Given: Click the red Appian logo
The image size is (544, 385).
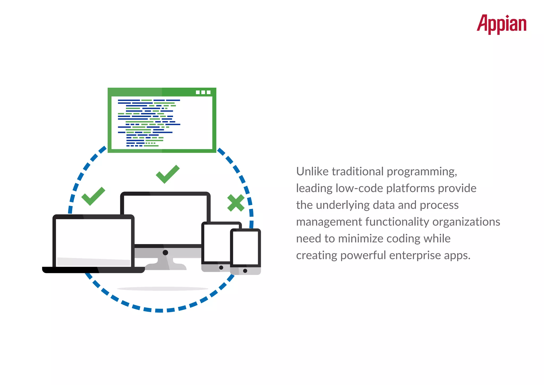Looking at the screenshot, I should pos(501,24).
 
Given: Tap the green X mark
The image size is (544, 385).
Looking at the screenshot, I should pos(236,203).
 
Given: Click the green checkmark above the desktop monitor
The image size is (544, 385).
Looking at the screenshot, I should pos(168,174).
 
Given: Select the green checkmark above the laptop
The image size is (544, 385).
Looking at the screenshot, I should pos(93,196).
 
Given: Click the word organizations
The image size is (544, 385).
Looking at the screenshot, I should pos(466,222).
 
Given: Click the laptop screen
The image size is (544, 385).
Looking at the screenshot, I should pos(93,239).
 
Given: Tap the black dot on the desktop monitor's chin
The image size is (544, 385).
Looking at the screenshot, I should pos(165,252).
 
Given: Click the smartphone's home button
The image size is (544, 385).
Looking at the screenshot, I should pos(245,271).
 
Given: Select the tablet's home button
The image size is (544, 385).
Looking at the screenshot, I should pos(221,267).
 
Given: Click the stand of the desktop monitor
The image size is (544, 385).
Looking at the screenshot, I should pos(165,265).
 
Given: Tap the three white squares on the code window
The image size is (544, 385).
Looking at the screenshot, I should pos(203,92).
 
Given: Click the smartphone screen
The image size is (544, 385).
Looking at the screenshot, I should pos(245,247).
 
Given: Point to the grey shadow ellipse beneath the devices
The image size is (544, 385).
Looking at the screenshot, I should pos(163,288).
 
